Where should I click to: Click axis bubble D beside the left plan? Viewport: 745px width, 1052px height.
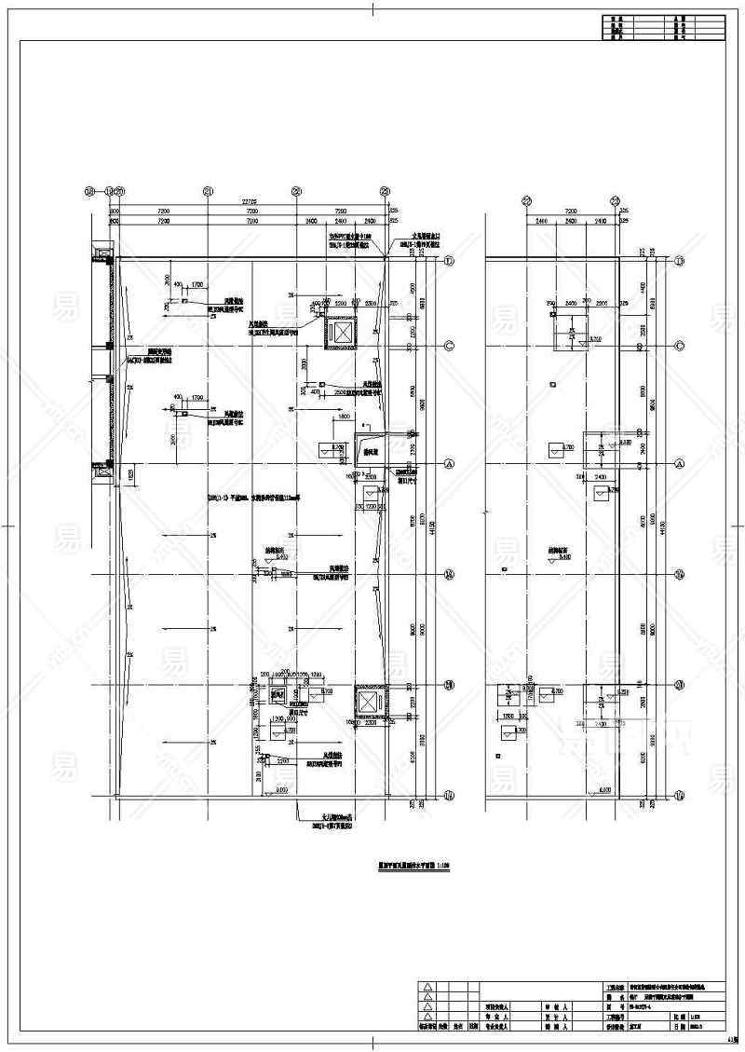pyautogui.click(x=448, y=262)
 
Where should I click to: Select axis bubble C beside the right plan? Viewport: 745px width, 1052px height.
pyautogui.click(x=679, y=346)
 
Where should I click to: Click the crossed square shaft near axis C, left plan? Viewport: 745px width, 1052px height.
pyautogui.click(x=342, y=333)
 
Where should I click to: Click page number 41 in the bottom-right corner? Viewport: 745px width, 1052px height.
pyautogui.click(x=734, y=1043)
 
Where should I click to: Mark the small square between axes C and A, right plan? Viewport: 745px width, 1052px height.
pyautogui.click(x=553, y=383)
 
